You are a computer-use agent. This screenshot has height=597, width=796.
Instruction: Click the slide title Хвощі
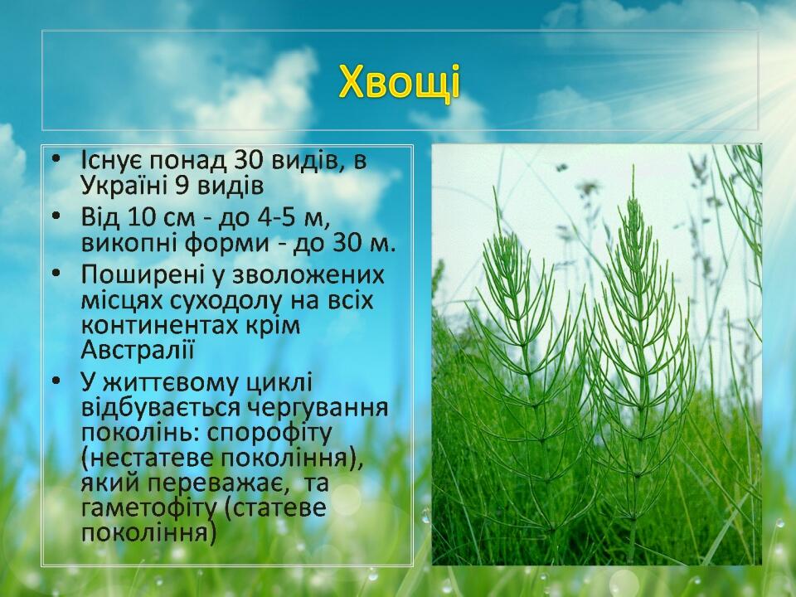[400, 81]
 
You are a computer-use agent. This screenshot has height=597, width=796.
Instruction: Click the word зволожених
[308, 274]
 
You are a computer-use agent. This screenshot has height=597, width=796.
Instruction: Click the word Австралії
[138, 350]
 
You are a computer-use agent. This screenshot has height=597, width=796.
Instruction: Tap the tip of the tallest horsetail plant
[633, 167]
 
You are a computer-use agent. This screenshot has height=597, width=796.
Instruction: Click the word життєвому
[172, 383]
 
